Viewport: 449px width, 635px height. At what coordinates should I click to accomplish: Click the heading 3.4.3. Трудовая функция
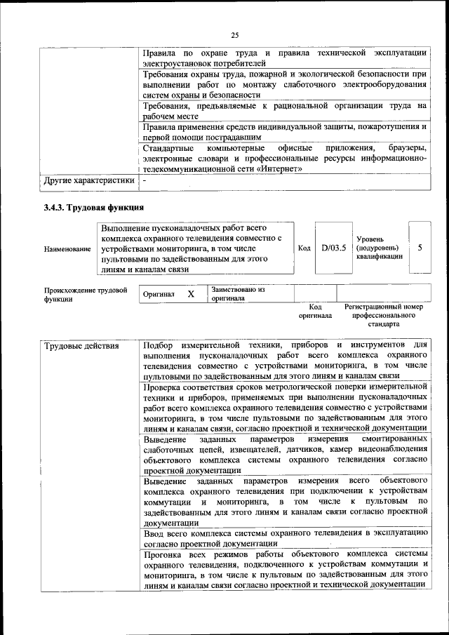coord(93,207)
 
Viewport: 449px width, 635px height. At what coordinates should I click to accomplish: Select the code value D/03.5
coord(333,248)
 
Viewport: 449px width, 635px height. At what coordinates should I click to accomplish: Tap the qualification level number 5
coord(420,248)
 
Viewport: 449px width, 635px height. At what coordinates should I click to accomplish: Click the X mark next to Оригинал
coord(190,294)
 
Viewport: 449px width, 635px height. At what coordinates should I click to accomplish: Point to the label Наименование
coord(67,249)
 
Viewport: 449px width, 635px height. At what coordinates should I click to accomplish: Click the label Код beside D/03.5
coord(304,248)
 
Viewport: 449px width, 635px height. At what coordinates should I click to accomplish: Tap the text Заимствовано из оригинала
coord(238,293)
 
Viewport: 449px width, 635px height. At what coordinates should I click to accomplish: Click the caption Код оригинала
coord(315,312)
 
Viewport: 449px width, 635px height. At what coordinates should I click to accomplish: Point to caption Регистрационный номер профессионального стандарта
coord(384,316)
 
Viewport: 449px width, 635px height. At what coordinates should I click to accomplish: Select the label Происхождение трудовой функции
coord(86,293)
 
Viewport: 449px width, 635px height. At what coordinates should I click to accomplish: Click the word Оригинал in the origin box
coord(158,294)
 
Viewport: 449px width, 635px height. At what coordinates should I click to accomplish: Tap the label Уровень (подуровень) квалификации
coord(379,248)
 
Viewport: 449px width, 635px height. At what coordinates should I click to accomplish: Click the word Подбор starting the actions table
coord(159,346)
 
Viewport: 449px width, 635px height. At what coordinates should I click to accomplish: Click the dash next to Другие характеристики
coord(144,181)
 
